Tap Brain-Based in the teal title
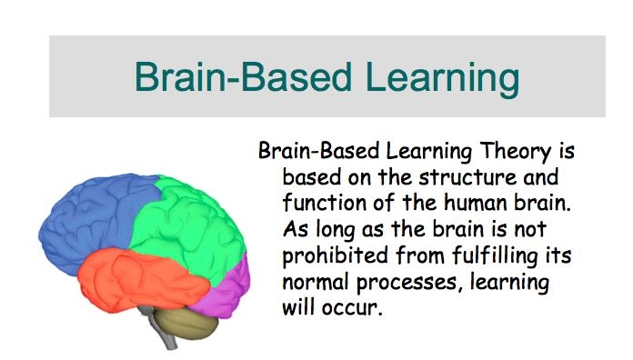pyautogui.click(x=229, y=76)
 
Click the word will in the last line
pyautogui.click(x=300, y=306)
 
